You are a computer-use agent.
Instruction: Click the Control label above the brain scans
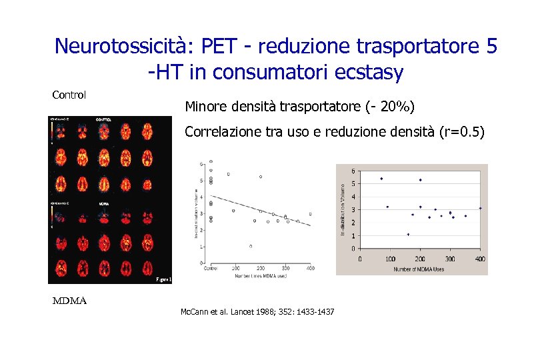click(69, 95)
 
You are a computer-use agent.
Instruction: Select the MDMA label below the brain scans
click(70, 301)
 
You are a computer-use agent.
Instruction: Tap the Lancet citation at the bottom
click(257, 312)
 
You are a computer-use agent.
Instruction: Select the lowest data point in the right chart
click(409, 235)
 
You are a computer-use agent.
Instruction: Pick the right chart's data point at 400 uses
click(480, 208)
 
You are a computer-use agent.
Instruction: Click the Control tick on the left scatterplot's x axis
click(210, 268)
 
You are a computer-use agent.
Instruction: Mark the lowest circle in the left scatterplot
click(251, 246)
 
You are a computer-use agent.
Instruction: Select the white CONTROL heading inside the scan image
click(105, 120)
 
